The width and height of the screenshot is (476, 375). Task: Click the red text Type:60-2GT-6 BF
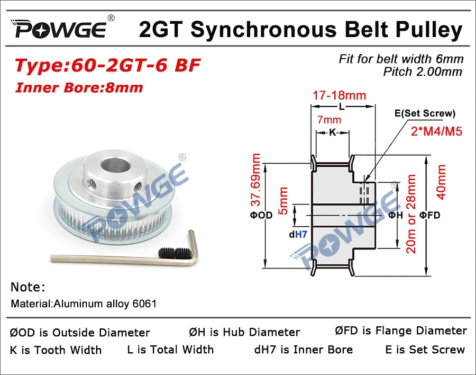point(107,66)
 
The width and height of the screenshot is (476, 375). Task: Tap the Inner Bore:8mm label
point(79,87)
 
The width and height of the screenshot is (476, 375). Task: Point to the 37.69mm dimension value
point(256,180)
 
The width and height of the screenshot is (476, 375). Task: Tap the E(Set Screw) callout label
point(424,113)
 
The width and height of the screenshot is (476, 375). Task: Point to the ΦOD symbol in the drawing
point(261,215)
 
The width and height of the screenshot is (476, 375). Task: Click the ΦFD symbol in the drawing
point(429,215)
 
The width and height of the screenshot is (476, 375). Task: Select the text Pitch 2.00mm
point(423,72)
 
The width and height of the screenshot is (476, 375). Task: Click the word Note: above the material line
point(28,287)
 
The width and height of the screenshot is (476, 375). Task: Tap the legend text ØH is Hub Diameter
point(244,332)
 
